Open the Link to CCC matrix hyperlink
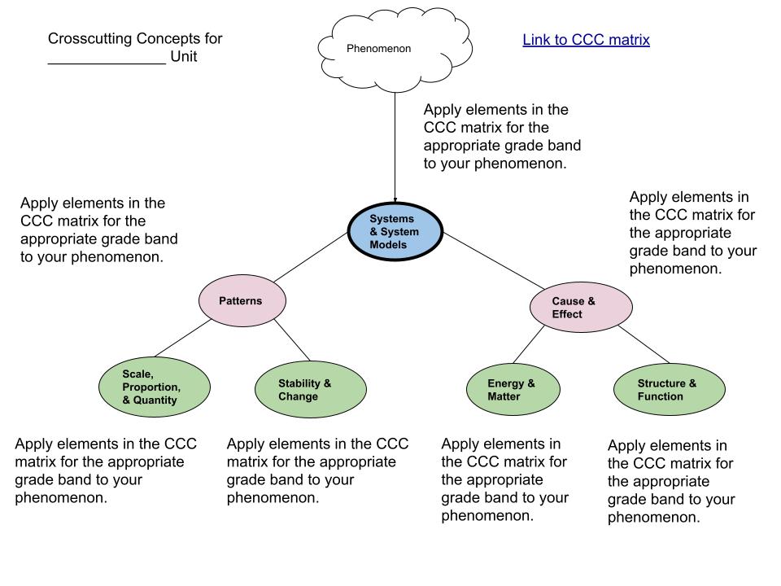click(586, 39)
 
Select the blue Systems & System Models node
click(395, 232)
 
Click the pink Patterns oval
click(242, 300)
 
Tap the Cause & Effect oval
click(580, 307)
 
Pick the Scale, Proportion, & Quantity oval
click(151, 387)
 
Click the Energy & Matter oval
click(513, 389)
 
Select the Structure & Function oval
click(669, 389)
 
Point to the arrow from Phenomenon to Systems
click(395, 146)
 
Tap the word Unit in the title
click(184, 58)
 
